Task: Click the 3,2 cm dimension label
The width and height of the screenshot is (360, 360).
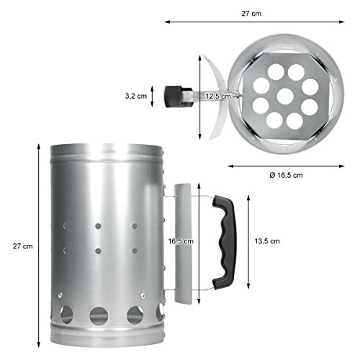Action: coord(136,96)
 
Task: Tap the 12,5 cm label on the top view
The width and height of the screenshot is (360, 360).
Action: coord(218,96)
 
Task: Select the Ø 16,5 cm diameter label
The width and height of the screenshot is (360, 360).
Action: coord(286,175)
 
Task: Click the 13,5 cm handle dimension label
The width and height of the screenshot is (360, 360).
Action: coord(267,241)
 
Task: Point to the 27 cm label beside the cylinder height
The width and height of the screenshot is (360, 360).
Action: coord(23,246)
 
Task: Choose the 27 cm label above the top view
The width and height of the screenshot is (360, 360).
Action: coord(251,14)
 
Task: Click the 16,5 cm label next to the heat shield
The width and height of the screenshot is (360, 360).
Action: coord(181,241)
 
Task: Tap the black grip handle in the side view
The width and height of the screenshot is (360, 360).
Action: coord(225,242)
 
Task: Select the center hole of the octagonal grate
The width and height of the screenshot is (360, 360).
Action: coord(285,96)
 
